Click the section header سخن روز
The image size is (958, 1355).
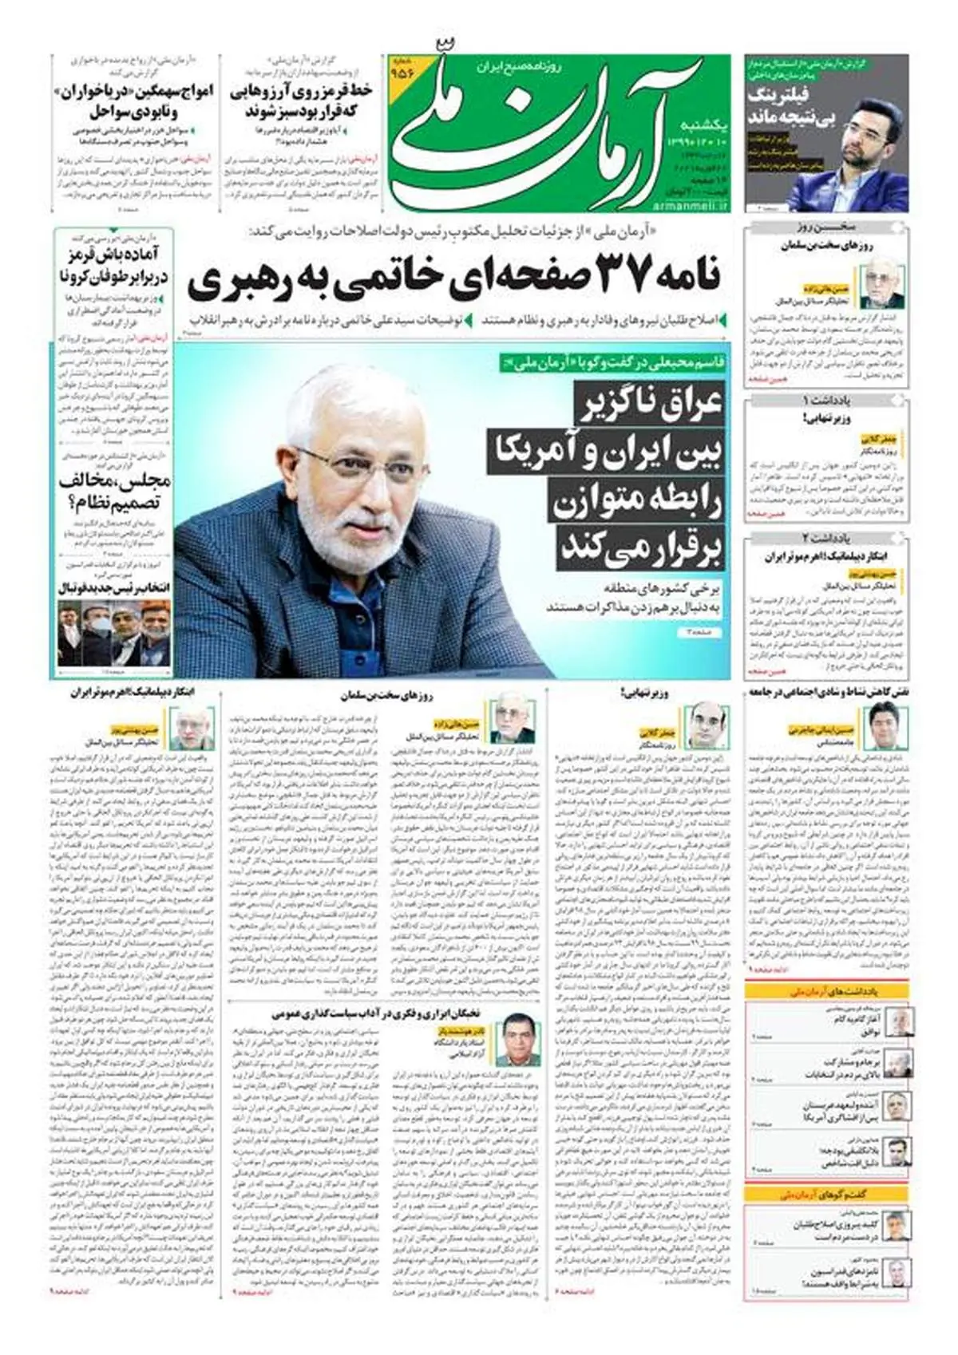(x=825, y=228)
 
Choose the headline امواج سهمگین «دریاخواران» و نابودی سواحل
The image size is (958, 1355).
(x=133, y=100)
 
